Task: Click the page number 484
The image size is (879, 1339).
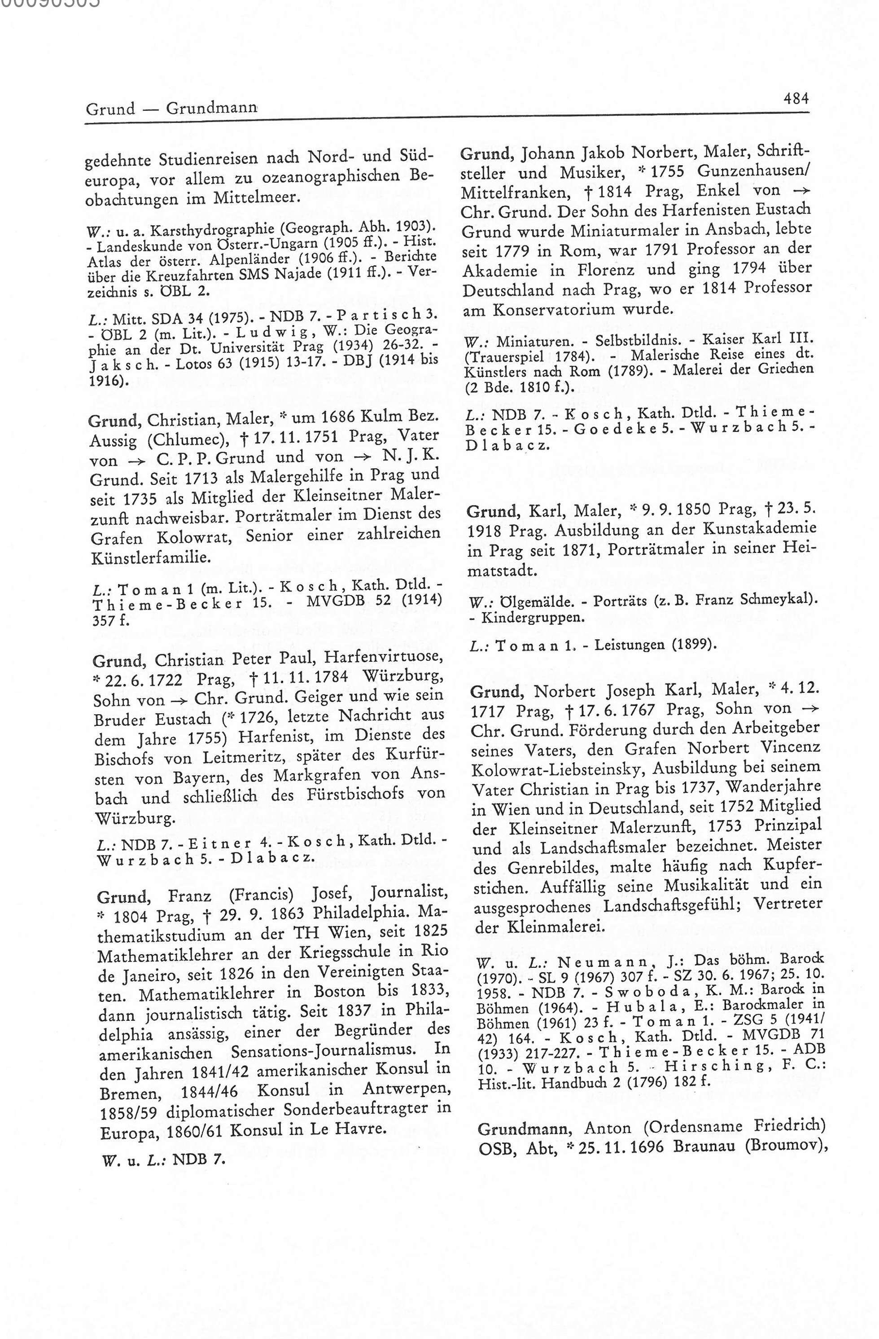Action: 796,99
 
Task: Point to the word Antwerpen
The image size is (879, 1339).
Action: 407,1089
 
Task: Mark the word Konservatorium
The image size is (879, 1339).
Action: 550,309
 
